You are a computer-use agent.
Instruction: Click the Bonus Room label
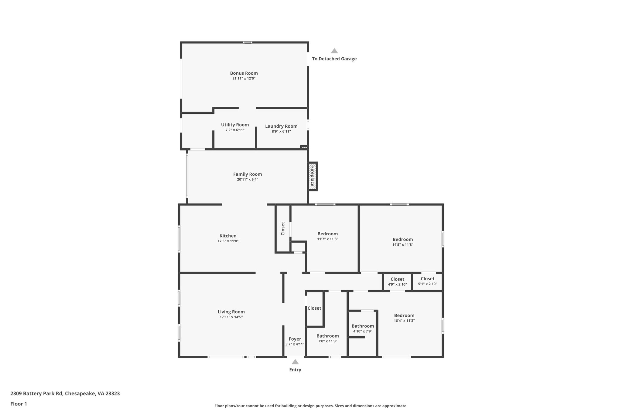(x=244, y=73)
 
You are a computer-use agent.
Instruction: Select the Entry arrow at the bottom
(x=295, y=362)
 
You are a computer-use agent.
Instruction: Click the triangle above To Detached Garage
(x=334, y=51)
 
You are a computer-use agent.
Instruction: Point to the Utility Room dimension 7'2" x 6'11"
(x=235, y=130)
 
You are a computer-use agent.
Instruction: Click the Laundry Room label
(x=281, y=126)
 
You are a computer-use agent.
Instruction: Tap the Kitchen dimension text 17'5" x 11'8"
(x=228, y=241)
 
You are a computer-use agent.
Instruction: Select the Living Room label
(x=231, y=312)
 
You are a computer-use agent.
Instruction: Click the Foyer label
(x=295, y=339)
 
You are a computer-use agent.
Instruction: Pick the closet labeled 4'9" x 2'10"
(x=397, y=282)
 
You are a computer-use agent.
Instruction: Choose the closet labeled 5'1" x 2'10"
(x=427, y=281)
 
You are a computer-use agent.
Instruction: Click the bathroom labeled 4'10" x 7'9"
(x=363, y=328)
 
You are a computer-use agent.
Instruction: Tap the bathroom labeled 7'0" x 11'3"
(x=327, y=338)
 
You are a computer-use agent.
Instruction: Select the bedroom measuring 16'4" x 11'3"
(x=404, y=318)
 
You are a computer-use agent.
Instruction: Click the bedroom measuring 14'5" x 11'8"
(x=402, y=242)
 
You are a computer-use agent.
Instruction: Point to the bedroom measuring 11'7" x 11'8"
(x=327, y=236)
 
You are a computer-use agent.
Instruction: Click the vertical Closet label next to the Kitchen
(x=283, y=229)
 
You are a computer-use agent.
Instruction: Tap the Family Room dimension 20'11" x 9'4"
(x=248, y=180)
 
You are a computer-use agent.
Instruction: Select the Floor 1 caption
(x=19, y=404)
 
